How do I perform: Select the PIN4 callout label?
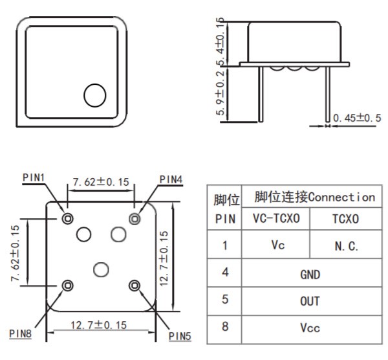pos(171,178)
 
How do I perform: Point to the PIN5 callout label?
pos(180,335)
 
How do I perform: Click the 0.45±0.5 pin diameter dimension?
pos(357,118)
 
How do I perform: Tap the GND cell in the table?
pos(310,274)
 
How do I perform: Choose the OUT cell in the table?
pos(310,301)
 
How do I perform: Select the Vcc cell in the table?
pos(310,328)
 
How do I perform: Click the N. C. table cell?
pos(345,247)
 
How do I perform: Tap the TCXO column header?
pos(345,219)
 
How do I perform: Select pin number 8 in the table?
pos(225,328)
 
